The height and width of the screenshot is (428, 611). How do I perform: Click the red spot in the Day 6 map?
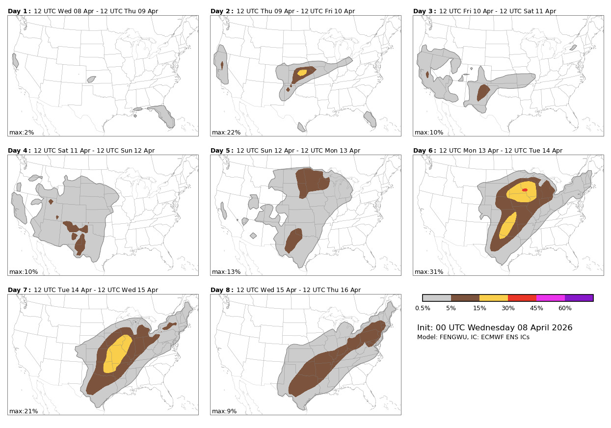pyautogui.click(x=525, y=190)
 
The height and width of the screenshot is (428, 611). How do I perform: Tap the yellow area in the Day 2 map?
pyautogui.click(x=302, y=73)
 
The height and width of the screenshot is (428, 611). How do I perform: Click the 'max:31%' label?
pyautogui.click(x=428, y=272)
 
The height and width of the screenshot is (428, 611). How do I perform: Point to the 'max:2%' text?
pyautogui.click(x=22, y=133)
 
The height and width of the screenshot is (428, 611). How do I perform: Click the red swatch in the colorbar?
pyautogui.click(x=522, y=298)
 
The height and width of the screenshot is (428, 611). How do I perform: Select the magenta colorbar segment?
pyautogui.click(x=551, y=298)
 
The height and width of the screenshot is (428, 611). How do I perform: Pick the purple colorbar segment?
pyautogui.click(x=579, y=298)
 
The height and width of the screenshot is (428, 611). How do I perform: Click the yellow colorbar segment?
pyautogui.click(x=494, y=298)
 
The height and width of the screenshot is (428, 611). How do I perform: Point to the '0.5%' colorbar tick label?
pyautogui.click(x=423, y=308)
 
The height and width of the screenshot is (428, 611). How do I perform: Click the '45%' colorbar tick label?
pyautogui.click(x=536, y=308)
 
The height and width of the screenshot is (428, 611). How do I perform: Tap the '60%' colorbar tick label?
pyautogui.click(x=565, y=308)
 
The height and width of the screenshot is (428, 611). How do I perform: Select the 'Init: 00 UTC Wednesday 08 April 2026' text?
pyautogui.click(x=495, y=327)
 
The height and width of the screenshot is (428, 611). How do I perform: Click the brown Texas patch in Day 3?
pyautogui.click(x=483, y=93)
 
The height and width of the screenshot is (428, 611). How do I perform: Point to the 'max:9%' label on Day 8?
pyautogui.click(x=224, y=411)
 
